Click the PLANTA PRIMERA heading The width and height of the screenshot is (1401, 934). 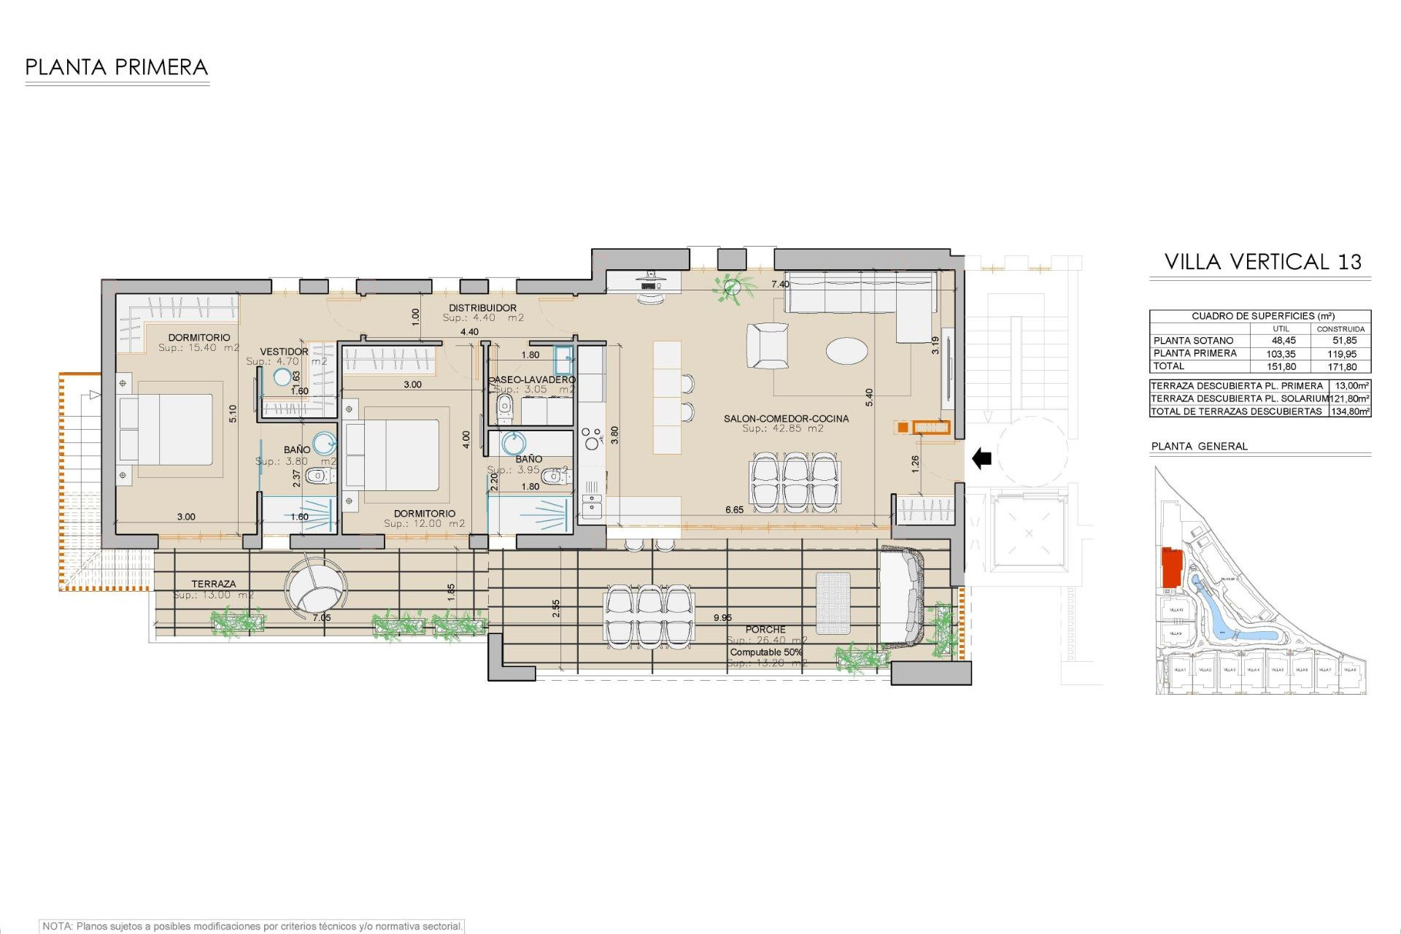[117, 68]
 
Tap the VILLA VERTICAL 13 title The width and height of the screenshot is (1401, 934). [1262, 262]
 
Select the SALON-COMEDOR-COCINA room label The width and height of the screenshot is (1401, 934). [786, 419]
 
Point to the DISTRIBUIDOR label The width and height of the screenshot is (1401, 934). [482, 308]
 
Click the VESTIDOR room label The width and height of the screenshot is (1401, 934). [284, 352]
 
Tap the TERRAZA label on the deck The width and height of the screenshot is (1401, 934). [214, 584]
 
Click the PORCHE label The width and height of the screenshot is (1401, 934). [765, 629]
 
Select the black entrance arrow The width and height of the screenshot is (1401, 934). [981, 459]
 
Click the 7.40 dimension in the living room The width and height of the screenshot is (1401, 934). [780, 285]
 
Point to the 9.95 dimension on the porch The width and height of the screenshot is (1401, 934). [722, 617]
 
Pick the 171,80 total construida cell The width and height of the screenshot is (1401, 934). [1342, 367]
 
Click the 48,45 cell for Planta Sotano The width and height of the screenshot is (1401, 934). [1284, 341]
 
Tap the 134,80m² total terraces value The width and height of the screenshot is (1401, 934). [1350, 412]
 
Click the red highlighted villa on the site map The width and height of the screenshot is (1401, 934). [1171, 568]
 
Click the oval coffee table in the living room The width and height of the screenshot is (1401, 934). [846, 350]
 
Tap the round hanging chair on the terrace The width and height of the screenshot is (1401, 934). [315, 588]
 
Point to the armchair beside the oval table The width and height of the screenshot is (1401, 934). [767, 345]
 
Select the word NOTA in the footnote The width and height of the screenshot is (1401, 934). [57, 926]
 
